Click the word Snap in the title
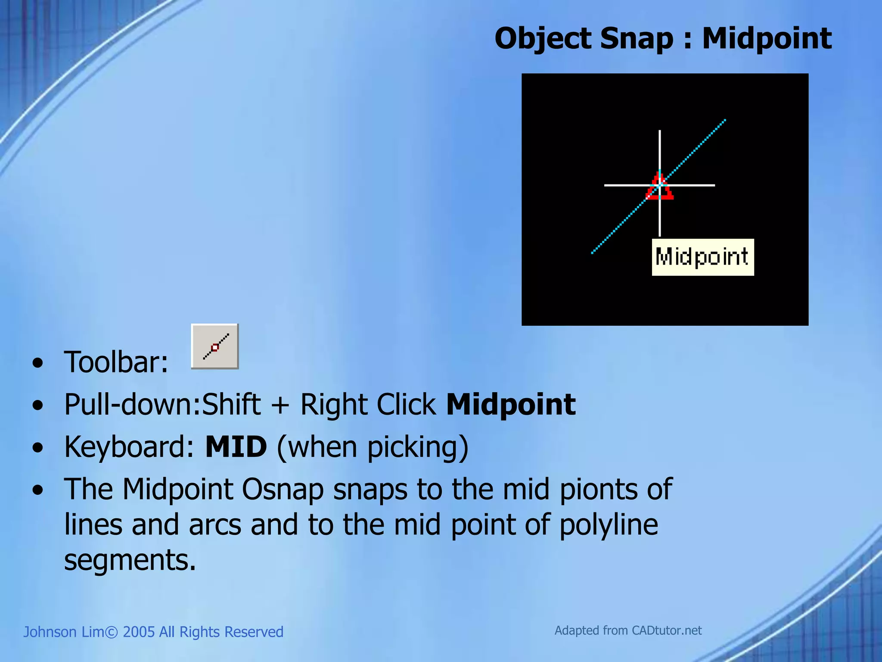point(636,39)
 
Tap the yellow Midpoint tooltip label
point(702,257)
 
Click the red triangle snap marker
point(659,187)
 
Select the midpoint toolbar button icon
point(215,347)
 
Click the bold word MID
point(236,447)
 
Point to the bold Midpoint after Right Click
point(511,404)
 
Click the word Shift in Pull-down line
point(231,404)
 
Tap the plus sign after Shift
point(280,405)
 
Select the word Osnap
point(282,490)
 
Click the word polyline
point(609,525)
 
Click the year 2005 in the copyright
point(139,632)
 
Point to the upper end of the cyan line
point(724,121)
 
